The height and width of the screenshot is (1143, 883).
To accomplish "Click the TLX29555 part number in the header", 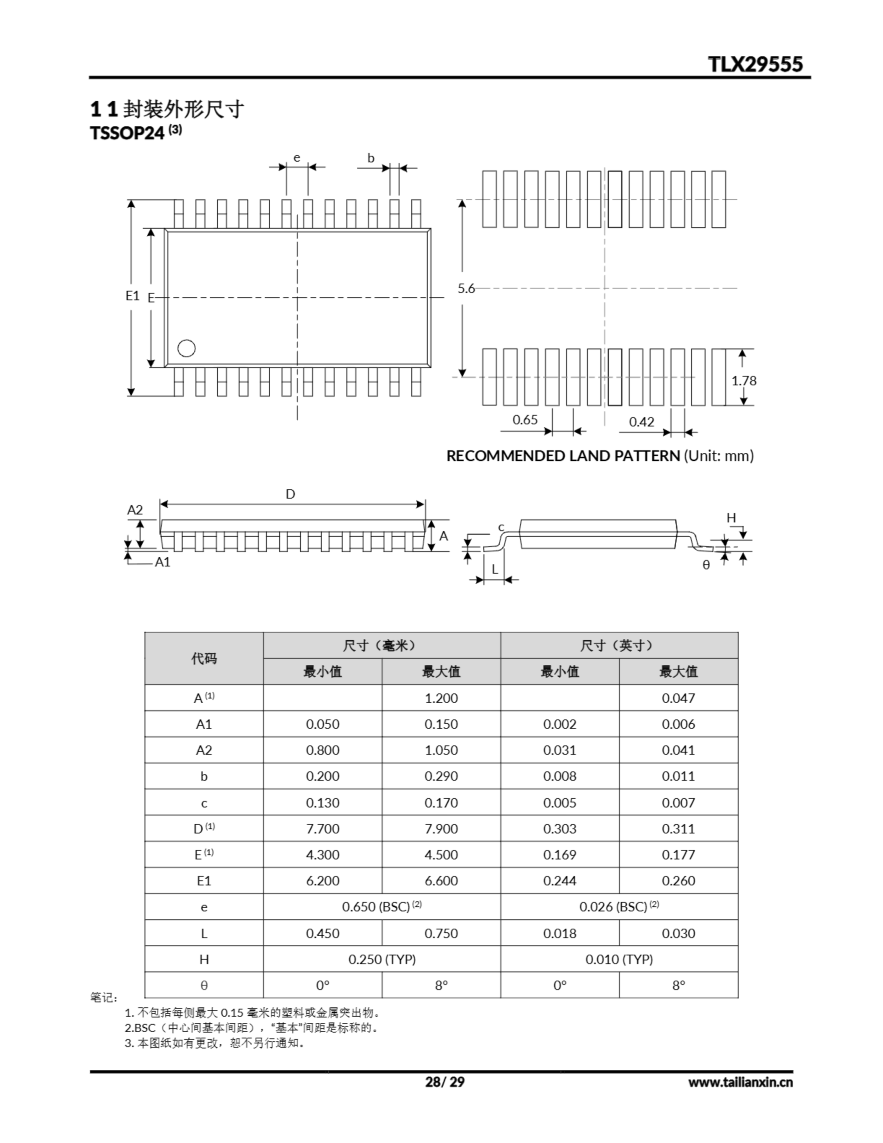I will click(x=755, y=64).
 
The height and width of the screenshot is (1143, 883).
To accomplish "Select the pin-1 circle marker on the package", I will click(x=186, y=348).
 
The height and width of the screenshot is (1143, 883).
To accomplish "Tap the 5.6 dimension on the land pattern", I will click(x=466, y=288).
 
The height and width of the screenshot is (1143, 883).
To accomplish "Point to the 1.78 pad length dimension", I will click(x=744, y=380).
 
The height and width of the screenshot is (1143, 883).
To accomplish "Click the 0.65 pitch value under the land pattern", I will click(x=525, y=420).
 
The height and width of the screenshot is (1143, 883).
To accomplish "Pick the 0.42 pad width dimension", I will click(x=641, y=422).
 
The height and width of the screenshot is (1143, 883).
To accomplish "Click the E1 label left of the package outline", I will click(x=133, y=296).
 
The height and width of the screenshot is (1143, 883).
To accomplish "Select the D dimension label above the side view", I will click(x=291, y=494).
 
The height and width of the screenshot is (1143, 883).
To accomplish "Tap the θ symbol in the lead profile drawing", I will click(x=706, y=565).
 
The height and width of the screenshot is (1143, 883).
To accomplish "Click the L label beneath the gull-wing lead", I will click(x=495, y=569).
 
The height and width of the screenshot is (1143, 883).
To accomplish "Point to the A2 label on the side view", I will click(x=135, y=510).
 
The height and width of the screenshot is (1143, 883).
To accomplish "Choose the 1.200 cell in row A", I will click(x=441, y=698).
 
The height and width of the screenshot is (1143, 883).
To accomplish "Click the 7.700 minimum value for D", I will click(x=322, y=829).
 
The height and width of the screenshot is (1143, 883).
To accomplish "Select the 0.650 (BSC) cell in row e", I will click(x=382, y=907).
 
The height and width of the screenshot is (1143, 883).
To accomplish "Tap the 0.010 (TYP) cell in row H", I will click(x=619, y=959).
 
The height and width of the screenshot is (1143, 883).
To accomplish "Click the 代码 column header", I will click(x=204, y=659).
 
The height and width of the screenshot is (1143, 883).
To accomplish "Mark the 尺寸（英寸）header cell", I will click(x=619, y=646).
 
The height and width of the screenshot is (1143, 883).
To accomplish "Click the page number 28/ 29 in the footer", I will click(x=444, y=1082).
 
